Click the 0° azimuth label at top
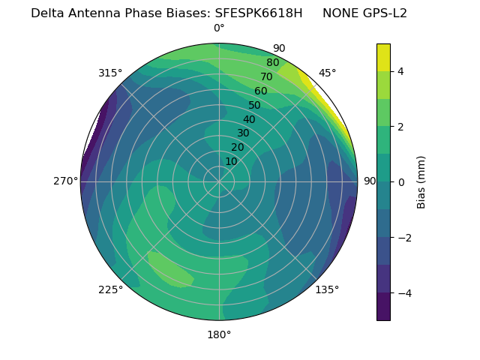click(219, 28)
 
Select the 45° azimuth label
click(327, 73)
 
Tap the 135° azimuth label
click(327, 289)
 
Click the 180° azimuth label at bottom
click(219, 334)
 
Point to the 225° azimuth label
click(110, 289)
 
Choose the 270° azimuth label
click(66, 181)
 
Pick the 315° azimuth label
click(110, 73)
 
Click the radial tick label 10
click(231, 161)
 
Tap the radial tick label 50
click(254, 106)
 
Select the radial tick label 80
click(272, 63)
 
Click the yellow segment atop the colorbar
click(383, 57)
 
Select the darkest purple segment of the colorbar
click(383, 307)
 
